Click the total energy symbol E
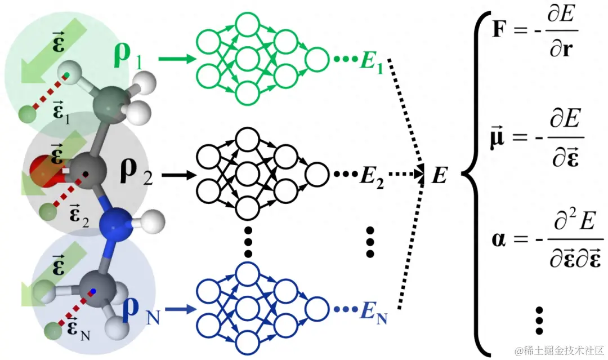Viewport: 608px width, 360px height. pos(439,176)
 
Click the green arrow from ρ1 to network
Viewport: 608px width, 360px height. pos(175,58)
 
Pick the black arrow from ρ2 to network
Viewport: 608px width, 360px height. pos(177,176)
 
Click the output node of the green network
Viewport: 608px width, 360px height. pos(316,59)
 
